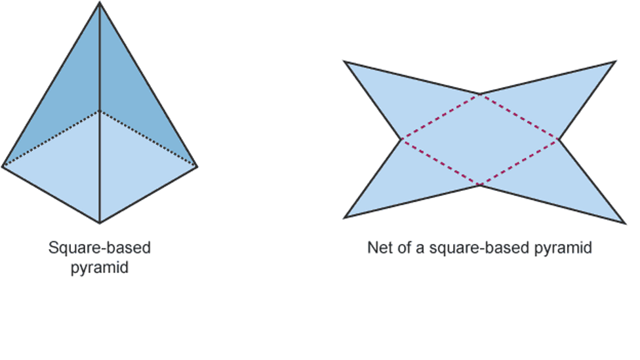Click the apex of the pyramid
tap(100, 3)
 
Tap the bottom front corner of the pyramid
tap(100, 223)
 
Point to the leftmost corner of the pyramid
tap(3, 166)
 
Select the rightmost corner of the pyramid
tap(197, 166)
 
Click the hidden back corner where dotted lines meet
tap(100, 111)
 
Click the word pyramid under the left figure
tap(100, 268)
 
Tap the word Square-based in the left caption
tap(100, 248)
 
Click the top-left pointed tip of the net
tap(345, 62)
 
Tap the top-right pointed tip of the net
tap(615, 62)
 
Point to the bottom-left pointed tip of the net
tap(345, 218)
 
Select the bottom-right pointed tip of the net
tap(625, 223)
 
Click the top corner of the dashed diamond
tap(480, 94)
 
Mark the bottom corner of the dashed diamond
tap(481, 186)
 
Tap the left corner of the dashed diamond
tap(401, 140)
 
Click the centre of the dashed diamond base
tap(480, 140)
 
